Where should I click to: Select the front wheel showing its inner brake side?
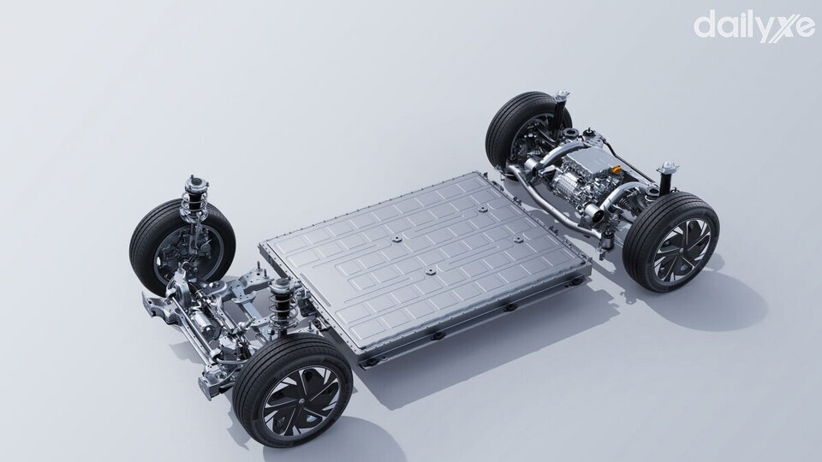pos(182,246)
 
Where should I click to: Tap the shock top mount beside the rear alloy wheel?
pos(667,169)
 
